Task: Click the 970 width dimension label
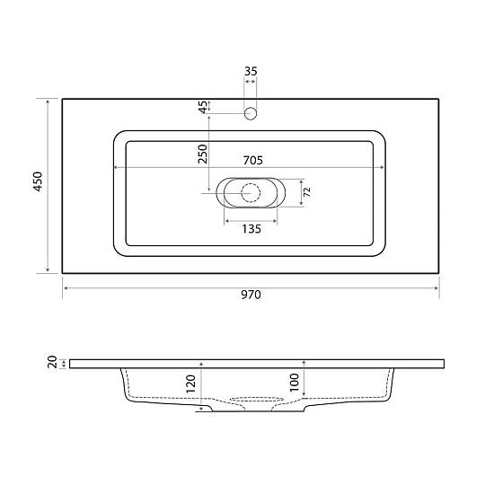coord(251,295)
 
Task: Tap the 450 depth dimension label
coord(38,181)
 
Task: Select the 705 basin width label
coord(253,160)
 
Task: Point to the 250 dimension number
coord(203,154)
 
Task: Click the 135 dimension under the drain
coord(251,229)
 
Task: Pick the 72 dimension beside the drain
coord(307,192)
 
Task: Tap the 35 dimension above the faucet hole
coord(251,71)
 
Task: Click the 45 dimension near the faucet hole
coord(203,107)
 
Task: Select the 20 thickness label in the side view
coord(53,362)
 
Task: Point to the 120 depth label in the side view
coord(190,384)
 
